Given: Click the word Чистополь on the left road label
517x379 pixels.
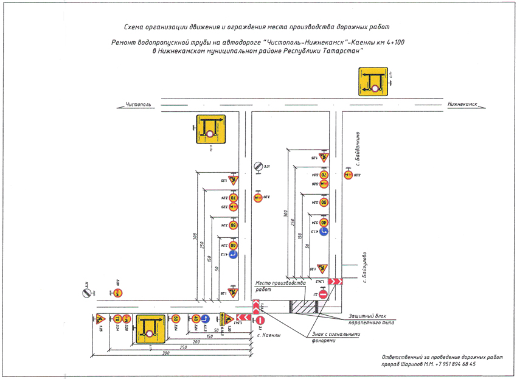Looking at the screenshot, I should (x=138, y=105).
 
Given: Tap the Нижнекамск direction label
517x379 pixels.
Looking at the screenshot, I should (x=461, y=105).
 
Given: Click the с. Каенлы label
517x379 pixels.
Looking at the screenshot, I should (x=268, y=335).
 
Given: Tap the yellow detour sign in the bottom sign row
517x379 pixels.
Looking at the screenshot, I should (x=147, y=329).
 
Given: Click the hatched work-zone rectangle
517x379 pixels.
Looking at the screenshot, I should (x=300, y=307).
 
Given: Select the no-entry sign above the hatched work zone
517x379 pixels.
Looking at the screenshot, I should (x=324, y=295).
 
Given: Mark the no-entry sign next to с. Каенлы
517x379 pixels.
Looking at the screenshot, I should (x=260, y=321).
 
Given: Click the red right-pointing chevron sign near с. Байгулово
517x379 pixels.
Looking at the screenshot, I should (x=336, y=282).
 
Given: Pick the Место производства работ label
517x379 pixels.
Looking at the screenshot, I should (x=279, y=287).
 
